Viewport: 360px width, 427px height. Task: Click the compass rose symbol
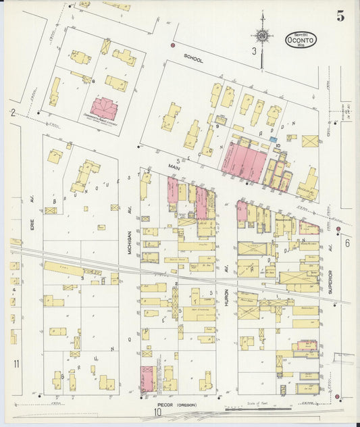pyautogui.click(x=261, y=36)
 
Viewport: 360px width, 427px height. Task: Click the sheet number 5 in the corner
pyautogui.click(x=340, y=17)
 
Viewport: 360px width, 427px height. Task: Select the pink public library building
pyautogui.click(x=104, y=108)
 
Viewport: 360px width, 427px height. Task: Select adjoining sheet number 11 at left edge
pyautogui.click(x=15, y=364)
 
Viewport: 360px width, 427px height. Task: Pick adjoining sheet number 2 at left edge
pyautogui.click(x=12, y=114)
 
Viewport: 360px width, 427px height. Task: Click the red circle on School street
pyautogui.click(x=173, y=45)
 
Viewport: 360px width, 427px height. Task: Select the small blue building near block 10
pyautogui.click(x=273, y=140)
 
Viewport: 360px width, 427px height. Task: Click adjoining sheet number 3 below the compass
pyautogui.click(x=254, y=51)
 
